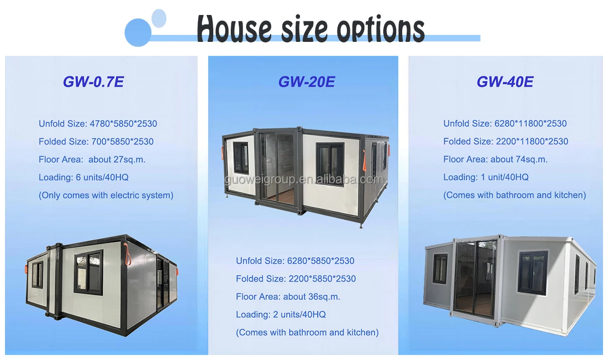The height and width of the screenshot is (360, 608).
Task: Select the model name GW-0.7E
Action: point(93,82)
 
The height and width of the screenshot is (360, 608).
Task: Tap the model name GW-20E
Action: point(306,82)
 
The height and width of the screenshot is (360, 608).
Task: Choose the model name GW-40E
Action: point(505,82)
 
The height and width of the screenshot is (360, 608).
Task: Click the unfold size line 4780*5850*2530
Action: point(98,124)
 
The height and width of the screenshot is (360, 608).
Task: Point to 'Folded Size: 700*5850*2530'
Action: point(96,142)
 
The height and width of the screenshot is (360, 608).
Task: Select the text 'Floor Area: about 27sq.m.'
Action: point(92,160)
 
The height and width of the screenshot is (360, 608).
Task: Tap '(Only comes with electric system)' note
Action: point(106,195)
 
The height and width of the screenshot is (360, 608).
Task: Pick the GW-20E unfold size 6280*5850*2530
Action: point(295,261)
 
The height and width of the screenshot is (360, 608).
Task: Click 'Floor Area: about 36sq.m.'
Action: point(288,297)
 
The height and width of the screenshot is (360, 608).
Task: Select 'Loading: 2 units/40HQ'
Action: point(281,315)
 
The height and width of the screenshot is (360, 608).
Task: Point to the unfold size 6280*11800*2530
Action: point(505,124)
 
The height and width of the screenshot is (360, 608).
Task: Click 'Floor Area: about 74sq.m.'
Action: point(495,160)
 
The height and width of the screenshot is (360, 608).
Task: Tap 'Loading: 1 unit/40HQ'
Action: point(486,178)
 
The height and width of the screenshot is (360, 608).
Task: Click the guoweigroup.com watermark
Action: point(304,180)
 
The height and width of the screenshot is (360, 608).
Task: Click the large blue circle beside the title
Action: point(138,33)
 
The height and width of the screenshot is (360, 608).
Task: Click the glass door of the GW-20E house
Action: point(277,167)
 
